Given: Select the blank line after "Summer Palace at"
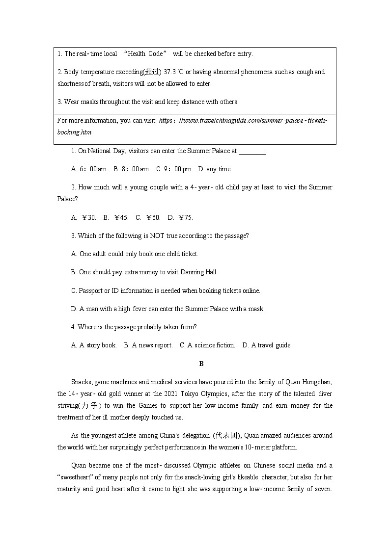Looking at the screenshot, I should (x=252, y=151).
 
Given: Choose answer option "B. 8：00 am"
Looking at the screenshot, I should (x=131, y=169).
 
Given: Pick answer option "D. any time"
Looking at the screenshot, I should (x=214, y=169).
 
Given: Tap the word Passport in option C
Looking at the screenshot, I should (x=91, y=290).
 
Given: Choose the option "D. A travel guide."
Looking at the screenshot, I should (x=267, y=345).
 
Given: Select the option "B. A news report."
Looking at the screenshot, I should (x=148, y=345).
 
